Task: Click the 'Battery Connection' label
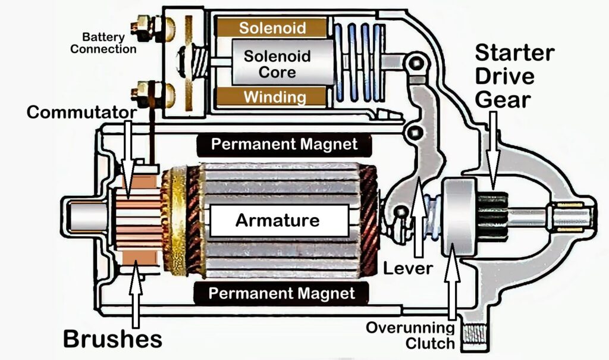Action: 103,43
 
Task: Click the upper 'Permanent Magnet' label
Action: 284,144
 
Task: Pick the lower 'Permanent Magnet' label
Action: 282,293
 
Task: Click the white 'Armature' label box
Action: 278,221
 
